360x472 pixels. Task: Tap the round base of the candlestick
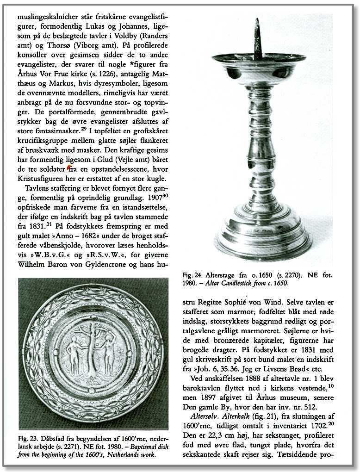263,234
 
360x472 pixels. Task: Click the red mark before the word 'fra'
69,169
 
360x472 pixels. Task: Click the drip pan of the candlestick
259,61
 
